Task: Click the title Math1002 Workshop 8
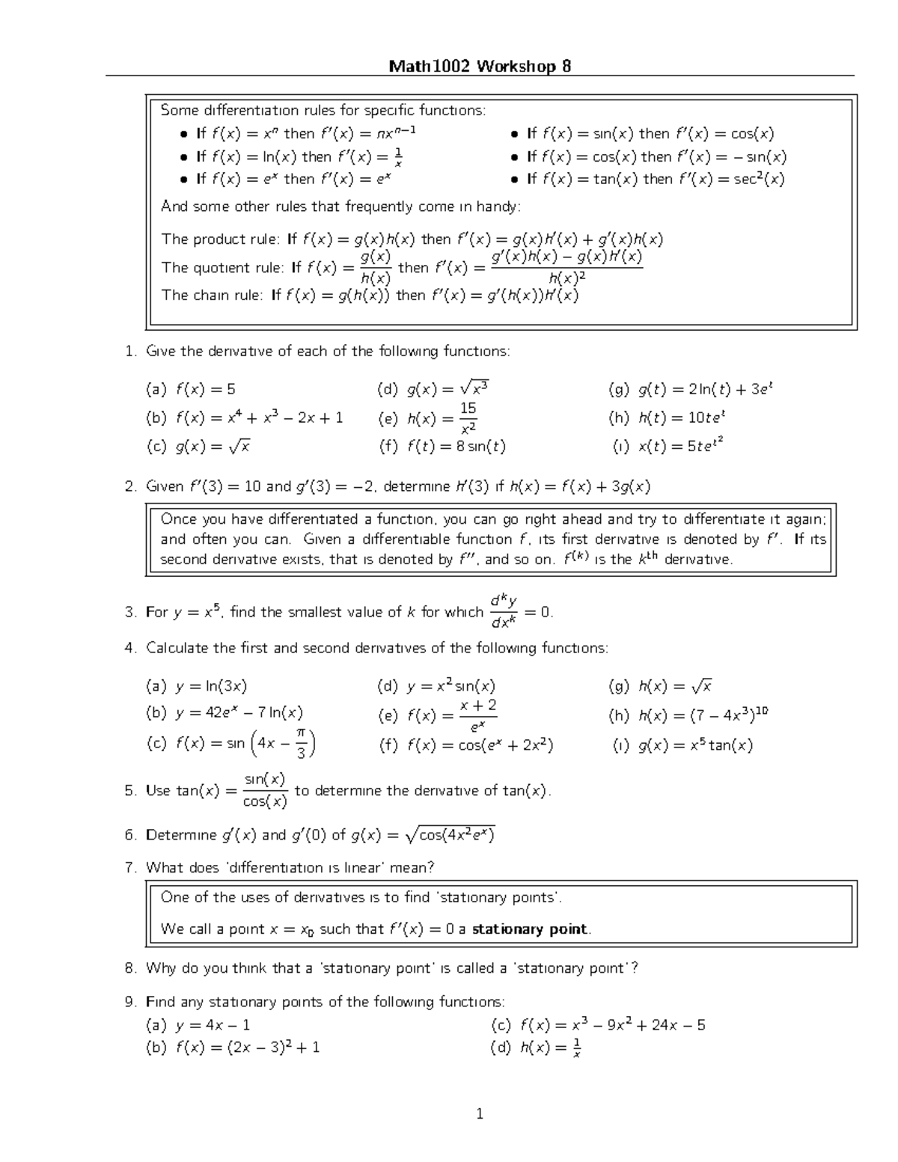(480, 67)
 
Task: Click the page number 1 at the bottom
(480, 1114)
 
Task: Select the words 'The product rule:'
(221, 239)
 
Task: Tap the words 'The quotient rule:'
(223, 267)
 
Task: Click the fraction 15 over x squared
(468, 418)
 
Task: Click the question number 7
(131, 868)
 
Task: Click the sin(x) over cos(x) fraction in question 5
(266, 791)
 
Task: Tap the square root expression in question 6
(450, 835)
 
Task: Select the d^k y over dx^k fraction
(504, 612)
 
